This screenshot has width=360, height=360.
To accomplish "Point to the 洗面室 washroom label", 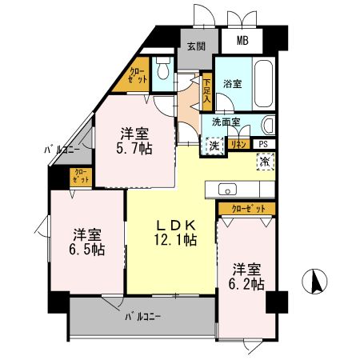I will click(x=226, y=122).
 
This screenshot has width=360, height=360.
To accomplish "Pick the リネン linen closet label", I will click(x=239, y=143).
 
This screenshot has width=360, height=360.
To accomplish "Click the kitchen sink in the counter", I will click(x=226, y=190).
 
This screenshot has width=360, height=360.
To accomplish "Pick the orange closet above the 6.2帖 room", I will click(x=247, y=208).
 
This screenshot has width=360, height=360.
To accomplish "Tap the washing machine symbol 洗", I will click(x=214, y=146).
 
